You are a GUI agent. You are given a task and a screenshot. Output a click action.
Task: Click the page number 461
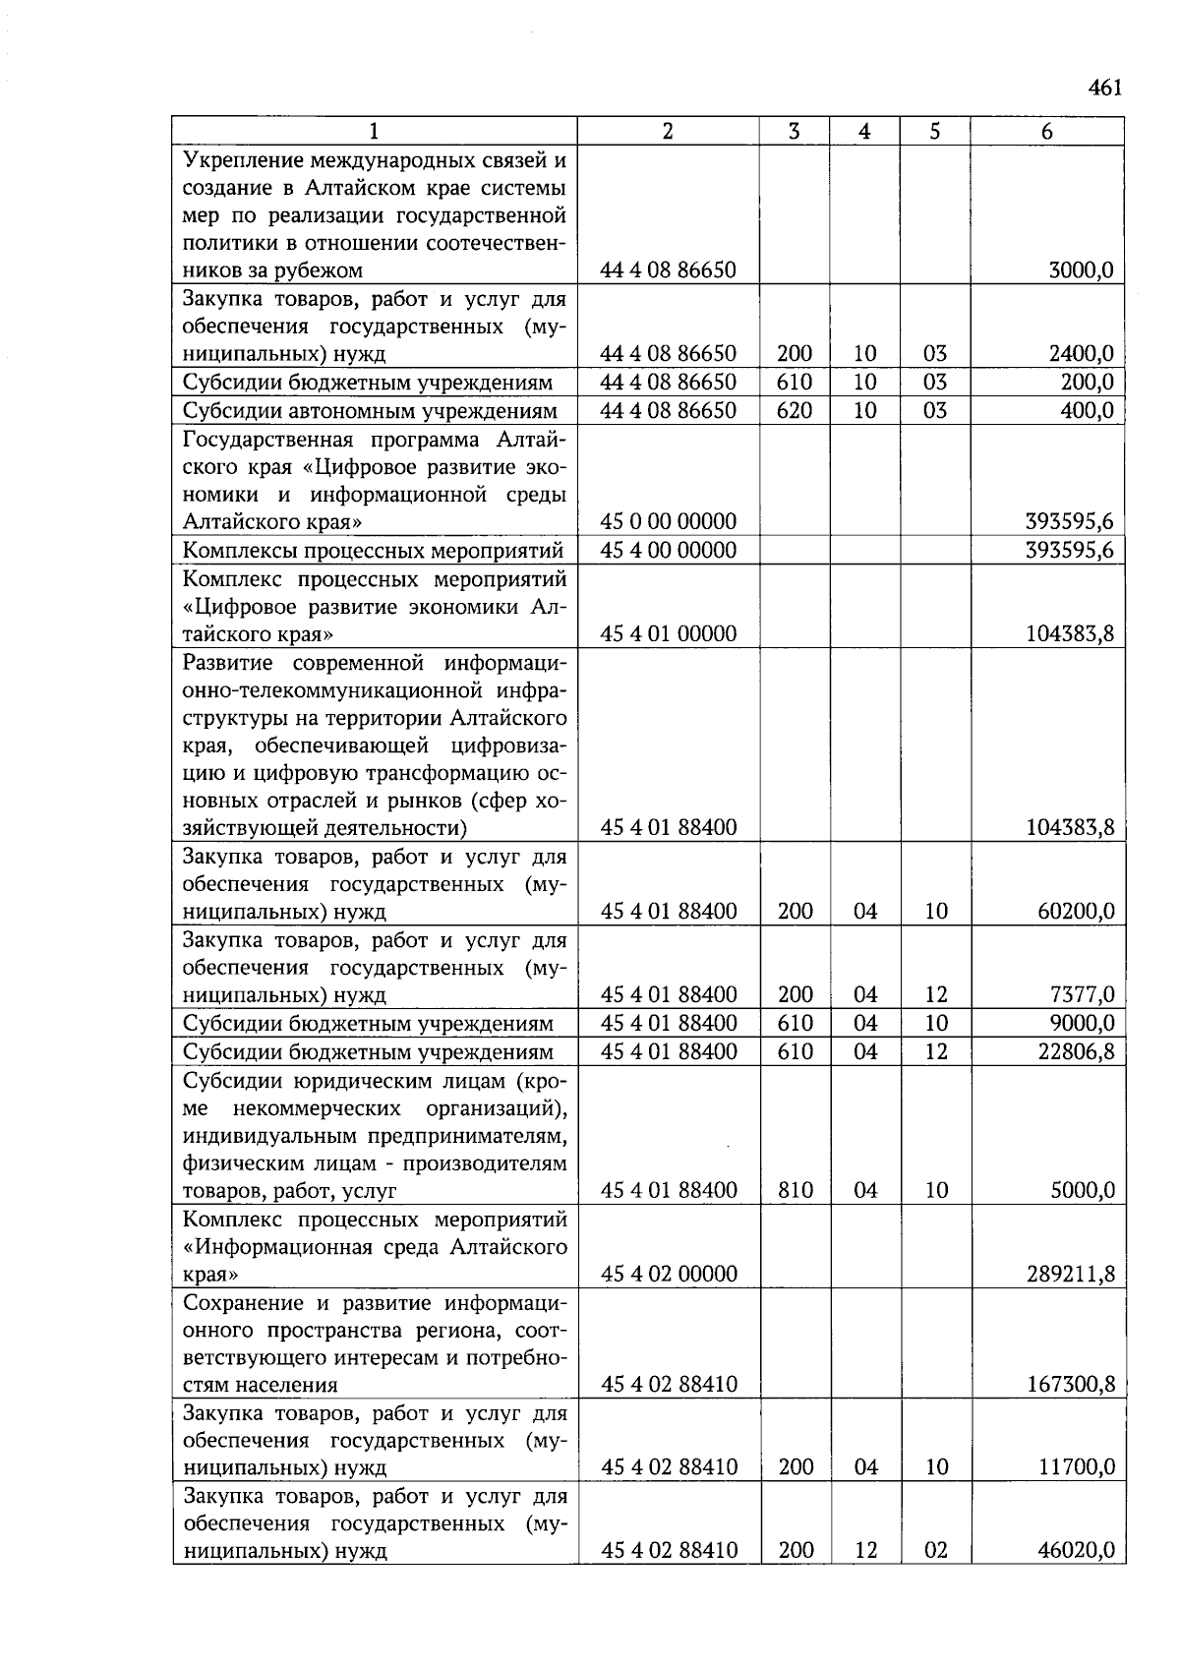click(1104, 89)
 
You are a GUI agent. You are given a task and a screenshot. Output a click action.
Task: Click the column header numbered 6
click(1046, 132)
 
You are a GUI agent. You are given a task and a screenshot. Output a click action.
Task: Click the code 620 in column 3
click(794, 410)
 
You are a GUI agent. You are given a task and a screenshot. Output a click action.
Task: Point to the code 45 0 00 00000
click(668, 521)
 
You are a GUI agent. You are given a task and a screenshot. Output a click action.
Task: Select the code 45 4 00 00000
click(668, 550)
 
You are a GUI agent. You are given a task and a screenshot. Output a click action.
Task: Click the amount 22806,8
click(1076, 1052)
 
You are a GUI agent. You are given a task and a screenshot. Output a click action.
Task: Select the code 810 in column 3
click(795, 1191)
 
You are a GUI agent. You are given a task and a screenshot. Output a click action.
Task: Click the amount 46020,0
click(1076, 1551)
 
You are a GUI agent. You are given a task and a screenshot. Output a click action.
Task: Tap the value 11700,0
click(1076, 1467)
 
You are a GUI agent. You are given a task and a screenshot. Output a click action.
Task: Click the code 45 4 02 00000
click(668, 1275)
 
